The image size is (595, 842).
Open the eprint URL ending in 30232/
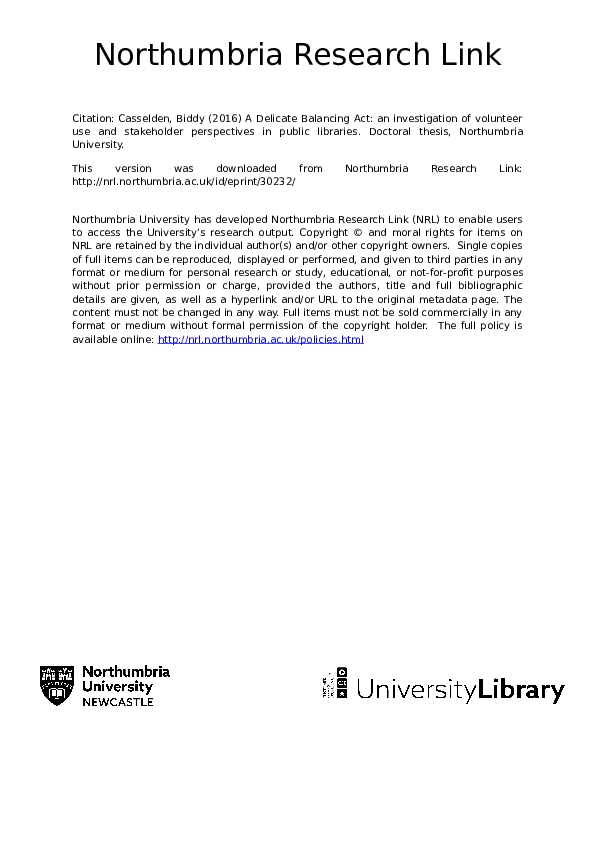pyautogui.click(x=184, y=182)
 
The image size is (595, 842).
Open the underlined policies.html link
pyautogui.click(x=261, y=340)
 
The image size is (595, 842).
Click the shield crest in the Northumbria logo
pyautogui.click(x=57, y=686)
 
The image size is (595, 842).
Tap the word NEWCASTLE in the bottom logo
pyautogui.click(x=118, y=703)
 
